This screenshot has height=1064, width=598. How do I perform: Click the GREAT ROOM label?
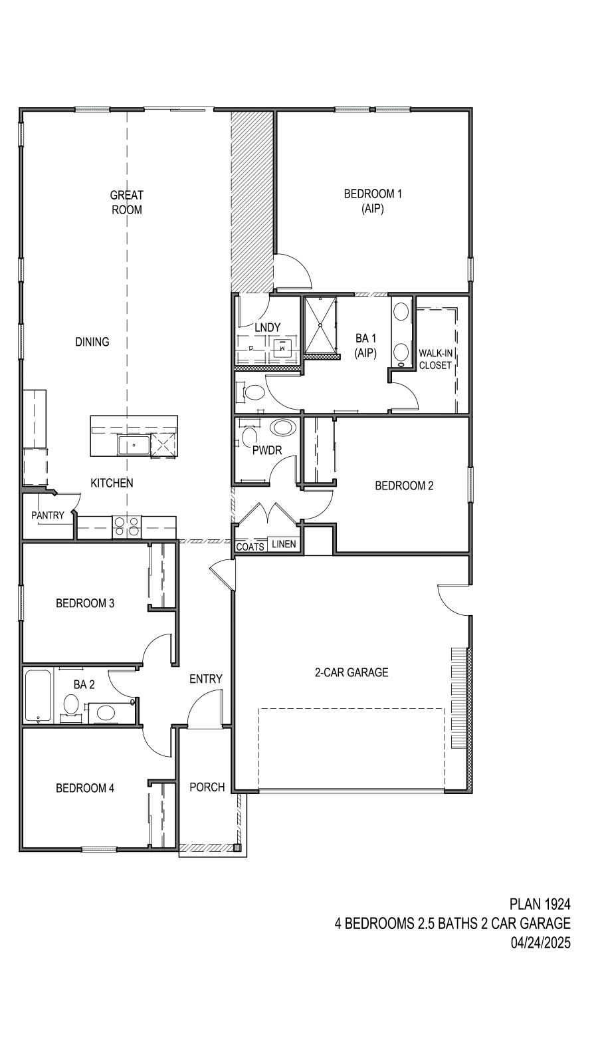tap(126, 202)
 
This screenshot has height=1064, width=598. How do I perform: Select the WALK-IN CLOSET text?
tap(435, 359)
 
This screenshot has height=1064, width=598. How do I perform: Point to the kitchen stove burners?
tap(126, 526)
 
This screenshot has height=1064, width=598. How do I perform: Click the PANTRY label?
tap(48, 515)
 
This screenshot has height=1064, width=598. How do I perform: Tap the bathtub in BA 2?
tap(38, 696)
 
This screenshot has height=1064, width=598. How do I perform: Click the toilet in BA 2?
tap(70, 704)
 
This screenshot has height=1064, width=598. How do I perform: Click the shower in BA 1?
tap(320, 325)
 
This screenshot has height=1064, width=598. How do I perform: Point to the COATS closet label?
tap(250, 547)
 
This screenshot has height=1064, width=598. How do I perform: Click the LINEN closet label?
tap(284, 544)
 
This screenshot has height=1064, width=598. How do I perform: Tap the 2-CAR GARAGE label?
tap(351, 672)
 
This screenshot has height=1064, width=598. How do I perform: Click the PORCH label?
tap(207, 787)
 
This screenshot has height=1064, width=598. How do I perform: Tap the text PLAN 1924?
tap(540, 904)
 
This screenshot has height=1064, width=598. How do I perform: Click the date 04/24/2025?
tap(540, 942)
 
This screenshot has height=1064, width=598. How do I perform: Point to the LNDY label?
tap(267, 327)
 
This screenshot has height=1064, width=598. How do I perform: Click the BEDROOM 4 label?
tap(85, 788)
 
